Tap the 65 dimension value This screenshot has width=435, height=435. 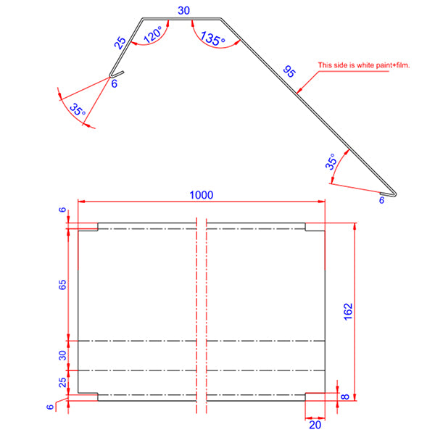(x=62, y=284)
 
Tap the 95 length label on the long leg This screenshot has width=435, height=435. (x=289, y=72)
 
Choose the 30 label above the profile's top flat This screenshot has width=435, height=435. (x=184, y=10)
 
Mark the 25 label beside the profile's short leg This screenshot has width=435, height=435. (x=120, y=43)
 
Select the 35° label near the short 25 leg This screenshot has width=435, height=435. (x=77, y=110)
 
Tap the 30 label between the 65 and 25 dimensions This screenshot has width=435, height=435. (x=62, y=355)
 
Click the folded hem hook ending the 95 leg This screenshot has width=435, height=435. (x=392, y=193)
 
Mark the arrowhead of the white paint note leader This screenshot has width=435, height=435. (x=299, y=91)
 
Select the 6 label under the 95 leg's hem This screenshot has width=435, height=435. (x=382, y=201)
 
